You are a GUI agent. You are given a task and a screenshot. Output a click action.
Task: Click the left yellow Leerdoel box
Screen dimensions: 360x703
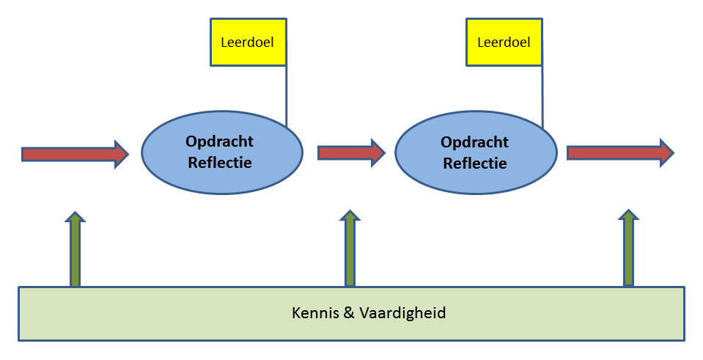[247, 42]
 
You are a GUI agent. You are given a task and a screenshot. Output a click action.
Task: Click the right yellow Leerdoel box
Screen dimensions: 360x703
[504, 42]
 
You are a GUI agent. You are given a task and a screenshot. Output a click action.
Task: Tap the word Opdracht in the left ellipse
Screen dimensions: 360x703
[220, 142]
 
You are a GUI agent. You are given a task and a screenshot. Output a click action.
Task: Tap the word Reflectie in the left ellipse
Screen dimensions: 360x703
[220, 162]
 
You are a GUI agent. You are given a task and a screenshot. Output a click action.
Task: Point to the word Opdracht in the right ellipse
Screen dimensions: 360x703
[474, 142]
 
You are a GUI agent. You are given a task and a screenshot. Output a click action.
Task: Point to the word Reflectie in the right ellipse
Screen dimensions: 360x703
[474, 163]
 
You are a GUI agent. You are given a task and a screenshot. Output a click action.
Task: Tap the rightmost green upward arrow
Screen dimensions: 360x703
[628, 249]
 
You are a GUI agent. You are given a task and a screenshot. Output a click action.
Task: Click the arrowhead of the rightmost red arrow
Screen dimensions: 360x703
[664, 152]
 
